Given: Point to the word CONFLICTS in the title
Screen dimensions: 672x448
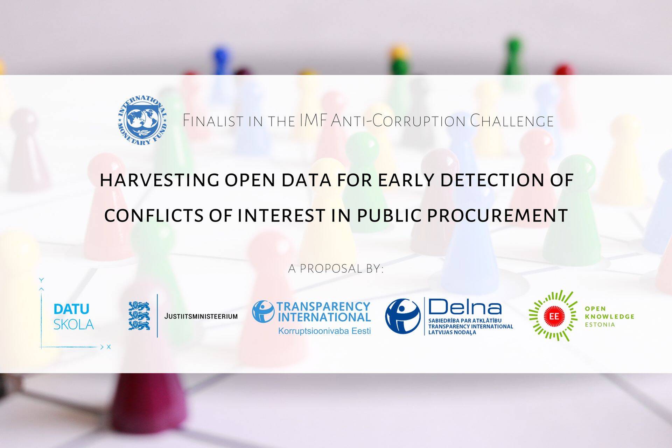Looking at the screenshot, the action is tap(154, 215).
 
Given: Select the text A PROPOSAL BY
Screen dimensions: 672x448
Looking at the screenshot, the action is tap(336, 269).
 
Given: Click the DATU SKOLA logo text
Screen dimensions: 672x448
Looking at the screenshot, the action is tap(73, 317).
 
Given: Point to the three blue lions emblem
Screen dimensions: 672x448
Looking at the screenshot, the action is tap(139, 316).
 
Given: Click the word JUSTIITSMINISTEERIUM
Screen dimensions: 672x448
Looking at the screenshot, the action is tap(201, 316).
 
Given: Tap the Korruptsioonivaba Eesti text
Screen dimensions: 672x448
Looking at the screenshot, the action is tap(324, 331).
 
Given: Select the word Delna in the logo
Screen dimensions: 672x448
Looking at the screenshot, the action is tap(464, 308).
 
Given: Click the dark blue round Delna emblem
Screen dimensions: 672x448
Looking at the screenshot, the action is tap(402, 316).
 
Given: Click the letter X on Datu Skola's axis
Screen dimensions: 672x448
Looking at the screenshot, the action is tap(108, 347).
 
